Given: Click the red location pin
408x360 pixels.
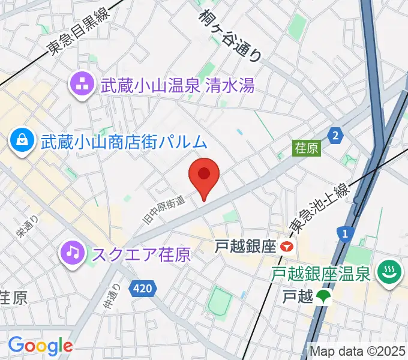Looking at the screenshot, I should click(204, 175).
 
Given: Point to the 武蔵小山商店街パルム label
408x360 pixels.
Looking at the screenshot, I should click(124, 142).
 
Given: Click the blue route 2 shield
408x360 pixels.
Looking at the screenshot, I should click(336, 134).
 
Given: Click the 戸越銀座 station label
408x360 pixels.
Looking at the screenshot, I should click(246, 246).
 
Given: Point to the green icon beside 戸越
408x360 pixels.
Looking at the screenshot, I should click(324, 296).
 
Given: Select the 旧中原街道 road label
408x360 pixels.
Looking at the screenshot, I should click(164, 207).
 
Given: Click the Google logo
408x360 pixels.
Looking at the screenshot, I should click(40, 345).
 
